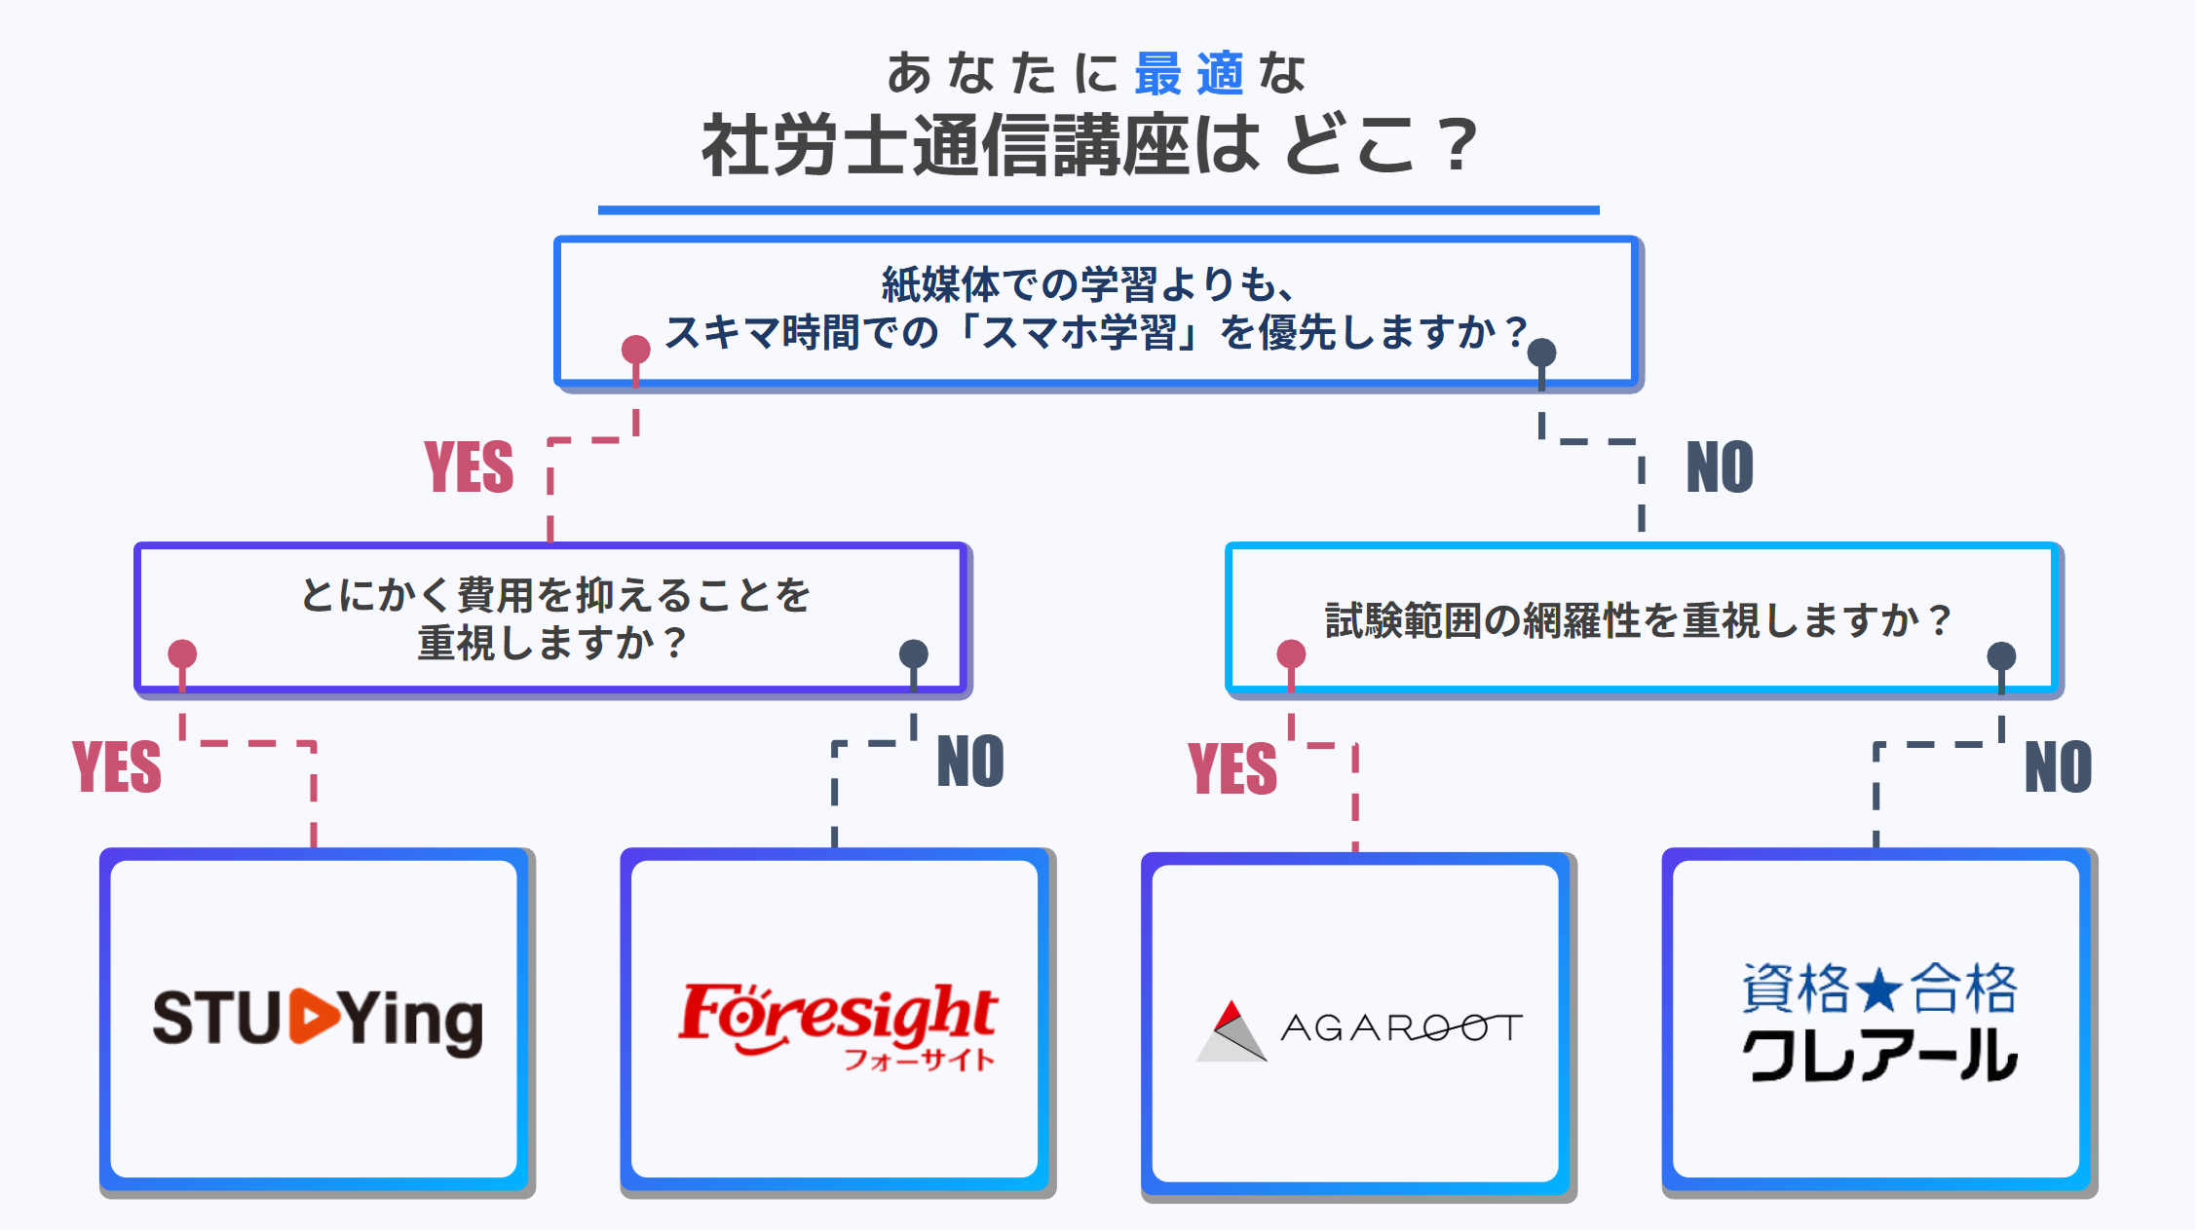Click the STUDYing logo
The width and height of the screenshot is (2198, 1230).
tap(318, 1020)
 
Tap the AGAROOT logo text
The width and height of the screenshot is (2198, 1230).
tap(1401, 1027)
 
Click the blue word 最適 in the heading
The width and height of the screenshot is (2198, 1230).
tap(1189, 74)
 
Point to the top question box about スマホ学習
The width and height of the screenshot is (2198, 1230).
tap(1097, 310)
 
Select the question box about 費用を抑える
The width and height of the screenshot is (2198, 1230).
tap(553, 618)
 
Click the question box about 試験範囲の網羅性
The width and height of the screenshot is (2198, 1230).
tap(1643, 619)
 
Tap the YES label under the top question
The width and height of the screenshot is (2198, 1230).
tap(469, 467)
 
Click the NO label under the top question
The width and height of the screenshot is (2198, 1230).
tap(1720, 467)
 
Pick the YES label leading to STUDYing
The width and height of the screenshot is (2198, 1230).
tap(117, 767)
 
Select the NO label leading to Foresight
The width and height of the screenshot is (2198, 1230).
tap(970, 762)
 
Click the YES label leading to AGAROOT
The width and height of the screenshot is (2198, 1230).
tap(1232, 768)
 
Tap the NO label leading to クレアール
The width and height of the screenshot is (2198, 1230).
tap(2058, 767)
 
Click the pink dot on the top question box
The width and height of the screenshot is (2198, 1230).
tap(636, 350)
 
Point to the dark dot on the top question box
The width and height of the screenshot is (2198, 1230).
tap(1541, 353)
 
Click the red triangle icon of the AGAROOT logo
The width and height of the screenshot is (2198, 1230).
tap(1231, 1014)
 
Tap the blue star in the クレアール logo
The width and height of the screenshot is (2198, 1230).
tap(1879, 990)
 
